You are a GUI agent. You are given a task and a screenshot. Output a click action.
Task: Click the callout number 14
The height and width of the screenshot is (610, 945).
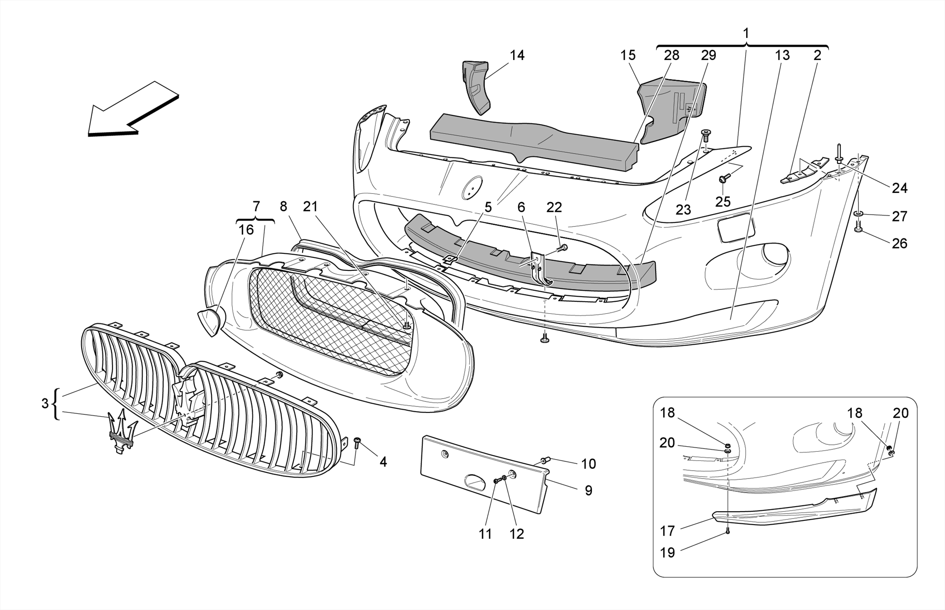[517, 55]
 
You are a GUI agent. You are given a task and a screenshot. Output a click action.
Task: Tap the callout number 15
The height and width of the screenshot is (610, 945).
[628, 55]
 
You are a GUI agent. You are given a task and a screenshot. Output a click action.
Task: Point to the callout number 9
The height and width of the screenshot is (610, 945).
[588, 490]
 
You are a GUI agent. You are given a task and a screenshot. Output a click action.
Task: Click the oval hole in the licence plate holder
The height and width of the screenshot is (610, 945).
[474, 482]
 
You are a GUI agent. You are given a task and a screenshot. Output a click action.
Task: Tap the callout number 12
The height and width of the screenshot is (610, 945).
[517, 534]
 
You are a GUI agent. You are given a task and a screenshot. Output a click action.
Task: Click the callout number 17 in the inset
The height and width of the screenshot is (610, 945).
[667, 531]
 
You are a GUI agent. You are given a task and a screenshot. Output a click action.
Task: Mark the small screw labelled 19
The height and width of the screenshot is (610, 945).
[728, 531]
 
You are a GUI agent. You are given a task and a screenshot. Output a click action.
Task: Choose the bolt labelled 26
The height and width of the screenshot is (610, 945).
[858, 227]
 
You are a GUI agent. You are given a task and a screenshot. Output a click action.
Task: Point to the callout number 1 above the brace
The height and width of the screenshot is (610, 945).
[746, 33]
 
